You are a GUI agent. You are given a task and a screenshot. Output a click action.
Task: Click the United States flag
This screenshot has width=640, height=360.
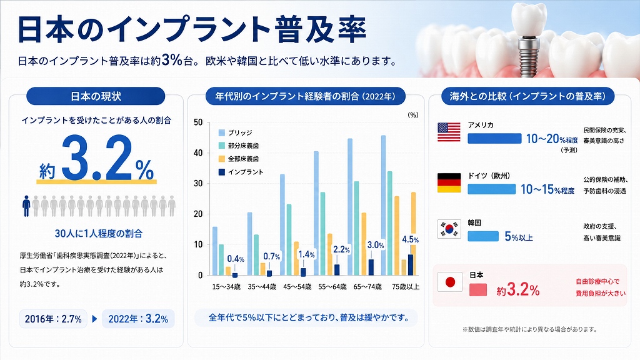(x=449, y=132)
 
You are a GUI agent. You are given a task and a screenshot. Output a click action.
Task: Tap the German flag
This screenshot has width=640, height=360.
(x=449, y=183)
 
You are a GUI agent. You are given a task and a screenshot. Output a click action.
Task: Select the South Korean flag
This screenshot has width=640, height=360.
(x=449, y=229)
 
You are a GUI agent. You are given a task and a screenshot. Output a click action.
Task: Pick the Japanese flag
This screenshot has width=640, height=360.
(x=450, y=282)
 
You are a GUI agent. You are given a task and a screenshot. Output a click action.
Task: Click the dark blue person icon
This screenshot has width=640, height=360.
(x=26, y=206)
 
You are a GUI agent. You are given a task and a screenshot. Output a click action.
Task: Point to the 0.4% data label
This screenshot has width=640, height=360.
(x=236, y=259)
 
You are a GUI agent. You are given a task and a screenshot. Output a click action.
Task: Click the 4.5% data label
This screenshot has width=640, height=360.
(x=410, y=239)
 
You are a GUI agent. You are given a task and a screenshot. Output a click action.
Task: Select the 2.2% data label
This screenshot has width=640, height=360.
(x=341, y=249)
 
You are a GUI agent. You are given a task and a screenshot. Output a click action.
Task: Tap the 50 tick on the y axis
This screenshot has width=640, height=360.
(x=198, y=122)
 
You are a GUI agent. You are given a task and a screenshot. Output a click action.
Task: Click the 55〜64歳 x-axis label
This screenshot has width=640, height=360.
(x=332, y=286)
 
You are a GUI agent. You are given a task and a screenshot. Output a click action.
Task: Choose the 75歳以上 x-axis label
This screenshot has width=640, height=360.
(x=405, y=286)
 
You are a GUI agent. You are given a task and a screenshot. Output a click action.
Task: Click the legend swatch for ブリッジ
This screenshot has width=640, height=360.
(x=222, y=132)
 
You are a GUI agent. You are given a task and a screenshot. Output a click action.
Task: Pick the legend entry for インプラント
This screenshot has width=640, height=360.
(x=241, y=172)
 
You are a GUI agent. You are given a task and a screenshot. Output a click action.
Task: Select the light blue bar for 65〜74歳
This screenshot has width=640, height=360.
(x=350, y=207)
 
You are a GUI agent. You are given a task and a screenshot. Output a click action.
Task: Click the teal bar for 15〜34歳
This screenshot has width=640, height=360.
(x=221, y=260)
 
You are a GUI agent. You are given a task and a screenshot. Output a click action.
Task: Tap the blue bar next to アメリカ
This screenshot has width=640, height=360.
(x=495, y=138)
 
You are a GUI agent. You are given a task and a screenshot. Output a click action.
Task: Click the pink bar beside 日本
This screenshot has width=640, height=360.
(x=478, y=290)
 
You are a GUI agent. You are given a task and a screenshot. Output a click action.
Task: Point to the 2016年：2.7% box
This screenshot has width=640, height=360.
(x=54, y=319)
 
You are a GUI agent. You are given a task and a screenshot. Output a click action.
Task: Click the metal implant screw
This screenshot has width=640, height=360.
(x=526, y=55)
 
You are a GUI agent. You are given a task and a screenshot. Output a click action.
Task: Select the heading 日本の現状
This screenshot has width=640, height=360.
(x=96, y=96)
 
